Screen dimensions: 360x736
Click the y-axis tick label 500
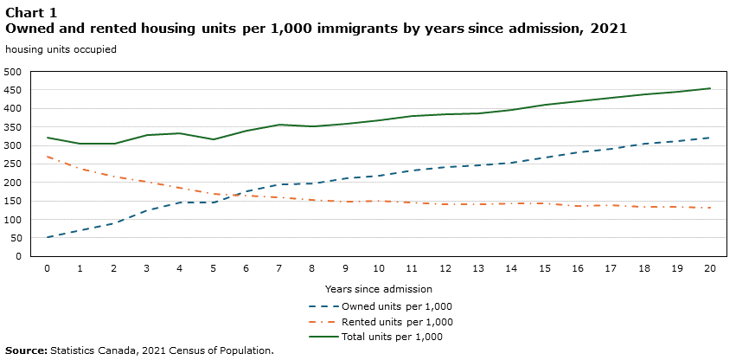click(12, 72)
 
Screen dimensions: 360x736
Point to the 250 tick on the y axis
click(12, 164)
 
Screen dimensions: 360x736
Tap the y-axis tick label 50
click(15, 238)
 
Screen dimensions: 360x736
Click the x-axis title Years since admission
click(378, 289)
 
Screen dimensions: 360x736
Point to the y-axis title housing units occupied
click(61, 49)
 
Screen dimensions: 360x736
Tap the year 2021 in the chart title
click(609, 29)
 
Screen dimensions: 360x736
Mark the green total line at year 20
click(710, 88)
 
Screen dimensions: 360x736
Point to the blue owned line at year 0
click(48, 237)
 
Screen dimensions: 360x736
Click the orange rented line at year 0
click(48, 157)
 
